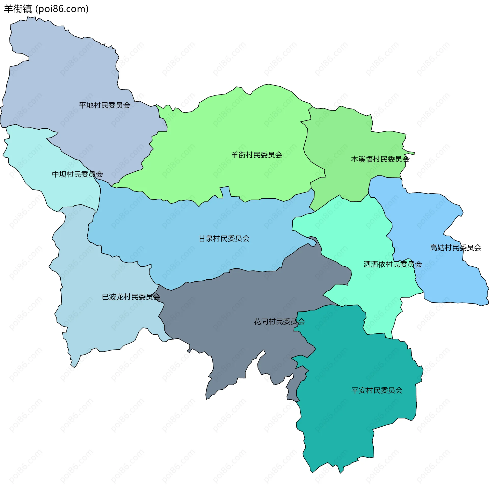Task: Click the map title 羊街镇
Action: (x=18, y=9)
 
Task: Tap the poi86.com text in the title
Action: (x=62, y=9)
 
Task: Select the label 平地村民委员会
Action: (x=104, y=105)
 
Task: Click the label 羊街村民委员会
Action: (x=256, y=155)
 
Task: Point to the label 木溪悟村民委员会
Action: (x=380, y=159)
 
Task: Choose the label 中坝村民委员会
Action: (x=77, y=174)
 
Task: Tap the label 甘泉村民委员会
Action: (x=224, y=239)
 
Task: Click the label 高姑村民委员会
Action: (x=455, y=248)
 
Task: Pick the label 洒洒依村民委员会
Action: (x=392, y=264)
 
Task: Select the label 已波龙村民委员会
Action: (x=131, y=297)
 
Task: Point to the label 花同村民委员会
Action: (x=279, y=322)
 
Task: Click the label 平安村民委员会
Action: (x=377, y=390)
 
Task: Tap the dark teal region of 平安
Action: (x=357, y=420)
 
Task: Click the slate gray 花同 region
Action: (x=229, y=318)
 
